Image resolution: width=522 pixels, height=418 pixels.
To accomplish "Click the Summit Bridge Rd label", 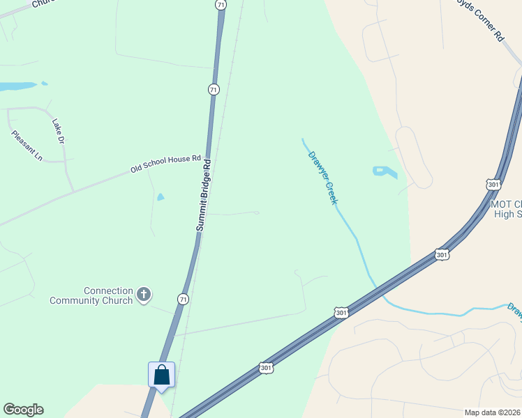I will (x=203, y=196).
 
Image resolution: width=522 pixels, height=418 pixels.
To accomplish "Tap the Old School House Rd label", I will (x=165, y=164).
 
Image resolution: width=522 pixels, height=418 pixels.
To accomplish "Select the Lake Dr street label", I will (x=58, y=131).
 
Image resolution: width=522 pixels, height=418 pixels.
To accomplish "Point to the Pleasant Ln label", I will (x=27, y=146).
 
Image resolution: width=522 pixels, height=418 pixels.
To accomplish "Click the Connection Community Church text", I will (x=91, y=296).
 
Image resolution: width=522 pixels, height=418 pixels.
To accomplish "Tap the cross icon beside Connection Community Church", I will (x=144, y=295).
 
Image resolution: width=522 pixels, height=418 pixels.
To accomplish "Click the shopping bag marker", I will (x=162, y=376).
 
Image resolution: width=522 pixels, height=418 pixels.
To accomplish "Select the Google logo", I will (x=23, y=410).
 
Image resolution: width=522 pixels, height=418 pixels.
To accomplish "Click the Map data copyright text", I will (x=493, y=412).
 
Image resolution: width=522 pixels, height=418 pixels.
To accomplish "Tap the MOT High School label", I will (x=507, y=209).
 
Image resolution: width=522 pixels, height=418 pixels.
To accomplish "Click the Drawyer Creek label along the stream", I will (x=322, y=177).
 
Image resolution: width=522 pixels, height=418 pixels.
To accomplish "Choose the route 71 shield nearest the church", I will (x=183, y=297).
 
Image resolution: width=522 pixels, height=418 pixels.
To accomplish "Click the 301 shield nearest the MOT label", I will (x=493, y=184).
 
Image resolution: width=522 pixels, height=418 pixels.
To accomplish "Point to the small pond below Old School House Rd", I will (x=161, y=197).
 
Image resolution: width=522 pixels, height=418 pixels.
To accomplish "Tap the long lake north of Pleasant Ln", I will (x=17, y=86).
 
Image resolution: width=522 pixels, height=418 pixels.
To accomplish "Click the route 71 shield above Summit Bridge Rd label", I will (x=213, y=89).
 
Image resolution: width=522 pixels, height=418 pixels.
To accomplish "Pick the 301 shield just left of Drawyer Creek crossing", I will (x=341, y=314).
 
